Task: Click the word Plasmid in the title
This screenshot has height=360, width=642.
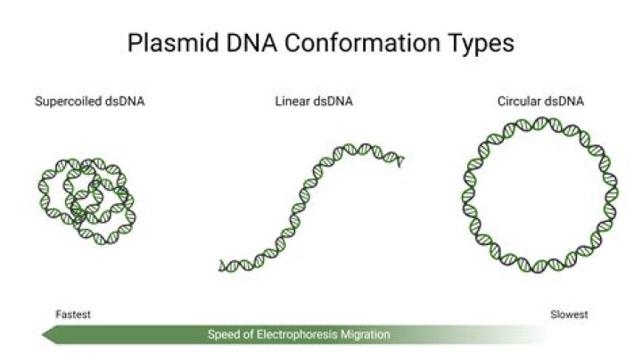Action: tap(173, 44)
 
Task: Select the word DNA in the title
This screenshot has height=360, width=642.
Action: tap(251, 43)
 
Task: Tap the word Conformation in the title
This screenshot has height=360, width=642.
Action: tap(362, 43)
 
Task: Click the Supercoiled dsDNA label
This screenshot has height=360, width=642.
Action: tap(90, 102)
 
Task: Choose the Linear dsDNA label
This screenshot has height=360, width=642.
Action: tap(314, 101)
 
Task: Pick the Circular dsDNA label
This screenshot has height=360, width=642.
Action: tap(540, 101)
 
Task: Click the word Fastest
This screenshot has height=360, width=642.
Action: tap(73, 315)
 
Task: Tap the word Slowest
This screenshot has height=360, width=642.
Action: tap(569, 315)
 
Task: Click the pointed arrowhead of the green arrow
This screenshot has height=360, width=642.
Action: tap(43, 335)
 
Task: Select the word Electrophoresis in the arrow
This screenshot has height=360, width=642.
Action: tap(297, 334)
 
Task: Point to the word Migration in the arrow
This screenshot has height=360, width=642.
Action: tap(366, 335)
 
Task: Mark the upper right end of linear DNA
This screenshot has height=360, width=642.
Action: tap(401, 160)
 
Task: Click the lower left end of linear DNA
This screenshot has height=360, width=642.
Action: tap(221, 266)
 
